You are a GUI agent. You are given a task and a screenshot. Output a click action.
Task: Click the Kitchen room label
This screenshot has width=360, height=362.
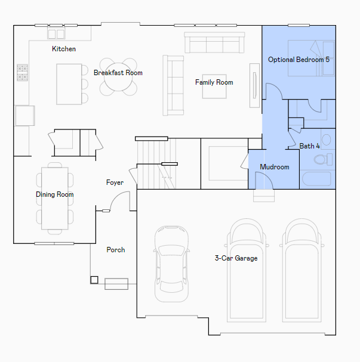tap(64, 49)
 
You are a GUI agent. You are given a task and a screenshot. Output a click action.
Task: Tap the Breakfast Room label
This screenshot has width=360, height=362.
tap(118, 73)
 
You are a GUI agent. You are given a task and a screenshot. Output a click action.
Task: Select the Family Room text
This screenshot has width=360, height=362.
tap(214, 82)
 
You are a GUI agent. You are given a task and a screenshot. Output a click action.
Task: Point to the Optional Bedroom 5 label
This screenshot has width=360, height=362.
tap(299, 60)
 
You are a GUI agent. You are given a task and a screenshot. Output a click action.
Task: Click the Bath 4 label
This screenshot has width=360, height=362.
tap(310, 146)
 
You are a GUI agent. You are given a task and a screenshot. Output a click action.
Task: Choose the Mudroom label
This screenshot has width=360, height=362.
tap(275, 167)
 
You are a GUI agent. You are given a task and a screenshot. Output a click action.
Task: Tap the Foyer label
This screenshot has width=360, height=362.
tap(115, 182)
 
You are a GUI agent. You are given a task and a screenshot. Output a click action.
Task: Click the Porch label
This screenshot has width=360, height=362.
tap(116, 250)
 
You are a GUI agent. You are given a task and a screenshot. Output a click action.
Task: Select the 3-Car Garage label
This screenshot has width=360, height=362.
tap(236, 258)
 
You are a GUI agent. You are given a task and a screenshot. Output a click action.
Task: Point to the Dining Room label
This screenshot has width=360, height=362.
tap(55, 194)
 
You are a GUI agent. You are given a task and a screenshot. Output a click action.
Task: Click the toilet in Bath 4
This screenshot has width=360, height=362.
tap(323, 159)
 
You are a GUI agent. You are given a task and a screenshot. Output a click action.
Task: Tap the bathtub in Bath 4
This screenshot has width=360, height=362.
tap(316, 179)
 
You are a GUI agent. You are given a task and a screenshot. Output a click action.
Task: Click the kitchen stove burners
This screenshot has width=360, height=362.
tap(23, 73)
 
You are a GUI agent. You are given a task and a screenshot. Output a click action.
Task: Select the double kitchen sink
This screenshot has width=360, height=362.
tap(56, 34)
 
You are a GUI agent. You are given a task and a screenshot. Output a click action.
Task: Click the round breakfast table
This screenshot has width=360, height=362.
tap(118, 77)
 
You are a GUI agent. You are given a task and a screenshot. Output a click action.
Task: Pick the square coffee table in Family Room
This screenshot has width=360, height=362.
tap(214, 86)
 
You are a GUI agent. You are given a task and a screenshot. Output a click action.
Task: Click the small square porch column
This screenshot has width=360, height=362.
tap(94, 280)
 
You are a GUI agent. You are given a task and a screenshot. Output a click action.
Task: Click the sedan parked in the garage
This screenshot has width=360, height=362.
tap(171, 264)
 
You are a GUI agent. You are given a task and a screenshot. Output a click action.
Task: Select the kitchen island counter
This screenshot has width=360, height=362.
tap(69, 84)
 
